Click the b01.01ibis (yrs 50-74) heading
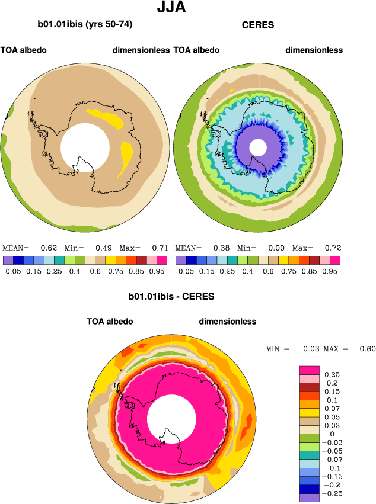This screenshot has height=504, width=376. coord(84,25)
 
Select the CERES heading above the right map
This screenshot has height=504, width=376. coord(257,25)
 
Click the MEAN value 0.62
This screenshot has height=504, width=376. coord(48,248)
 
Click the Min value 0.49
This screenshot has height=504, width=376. coord(104,248)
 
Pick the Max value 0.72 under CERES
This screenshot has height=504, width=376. coord(333,248)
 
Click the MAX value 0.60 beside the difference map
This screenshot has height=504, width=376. coord(367,349)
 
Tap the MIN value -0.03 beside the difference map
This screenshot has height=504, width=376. coord(308,349)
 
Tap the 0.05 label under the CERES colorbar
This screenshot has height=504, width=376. coord(186,271)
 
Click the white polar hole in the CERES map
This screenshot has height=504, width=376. coord(257,147)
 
